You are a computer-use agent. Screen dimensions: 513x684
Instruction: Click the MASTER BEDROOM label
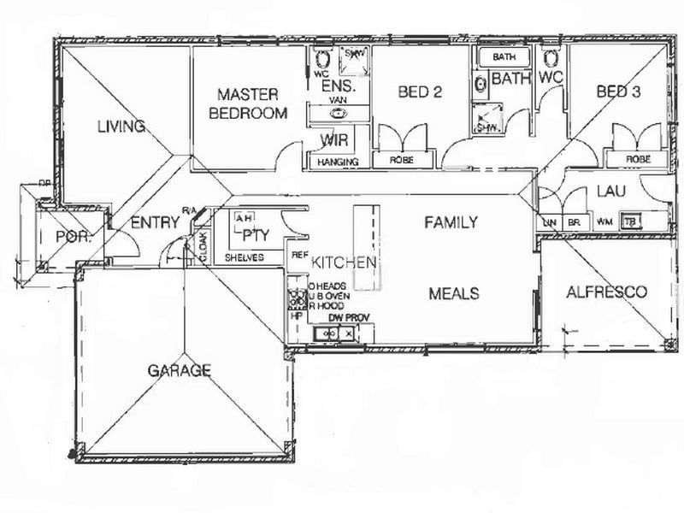pos(249,102)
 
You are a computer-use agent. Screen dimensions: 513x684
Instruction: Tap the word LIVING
pos(121,127)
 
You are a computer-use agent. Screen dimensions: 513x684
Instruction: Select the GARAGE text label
pos(179,370)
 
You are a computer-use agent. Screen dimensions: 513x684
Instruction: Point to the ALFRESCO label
pos(607,292)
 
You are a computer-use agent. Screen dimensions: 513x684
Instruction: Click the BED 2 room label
pos(419,92)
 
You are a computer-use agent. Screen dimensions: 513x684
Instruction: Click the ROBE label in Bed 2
pos(402,160)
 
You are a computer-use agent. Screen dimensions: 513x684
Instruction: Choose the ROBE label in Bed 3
pos(637,159)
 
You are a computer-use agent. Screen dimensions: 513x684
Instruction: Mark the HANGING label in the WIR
pos(337,162)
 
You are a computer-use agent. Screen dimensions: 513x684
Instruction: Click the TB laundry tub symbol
pos(631,221)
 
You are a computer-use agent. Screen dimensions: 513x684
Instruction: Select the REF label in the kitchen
pos(300,255)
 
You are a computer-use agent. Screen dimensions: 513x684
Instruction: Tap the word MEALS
pos(453,293)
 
